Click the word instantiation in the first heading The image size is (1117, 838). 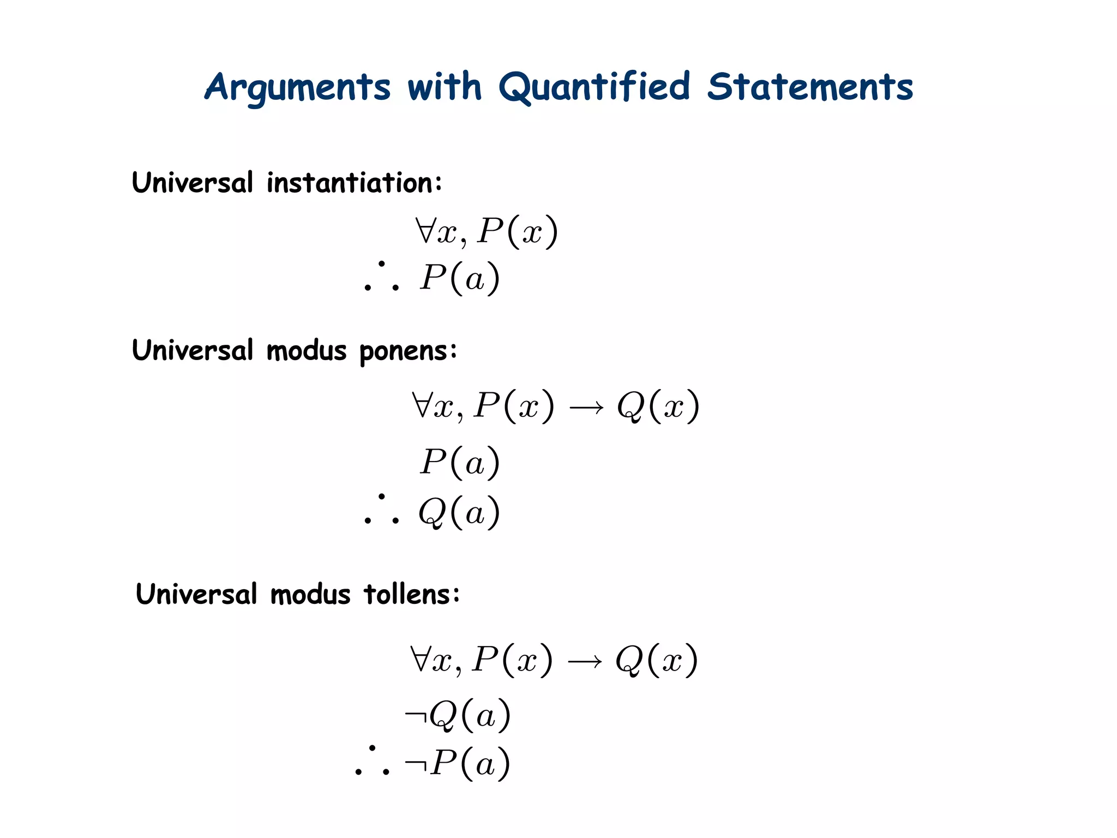tap(354, 183)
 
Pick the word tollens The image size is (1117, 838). tap(412, 594)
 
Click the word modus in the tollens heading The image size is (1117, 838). tap(310, 594)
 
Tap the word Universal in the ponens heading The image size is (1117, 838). tap(193, 350)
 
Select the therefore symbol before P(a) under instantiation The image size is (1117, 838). tap(381, 277)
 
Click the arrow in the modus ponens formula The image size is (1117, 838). tap(586, 408)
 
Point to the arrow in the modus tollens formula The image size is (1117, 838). tap(584, 662)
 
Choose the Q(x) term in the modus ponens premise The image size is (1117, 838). tap(658, 406)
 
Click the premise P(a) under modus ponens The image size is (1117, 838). tap(459, 462)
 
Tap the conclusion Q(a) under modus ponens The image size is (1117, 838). tap(459, 512)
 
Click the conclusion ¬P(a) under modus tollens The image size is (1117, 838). tap(458, 763)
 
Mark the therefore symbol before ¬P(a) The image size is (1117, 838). tap(372, 762)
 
